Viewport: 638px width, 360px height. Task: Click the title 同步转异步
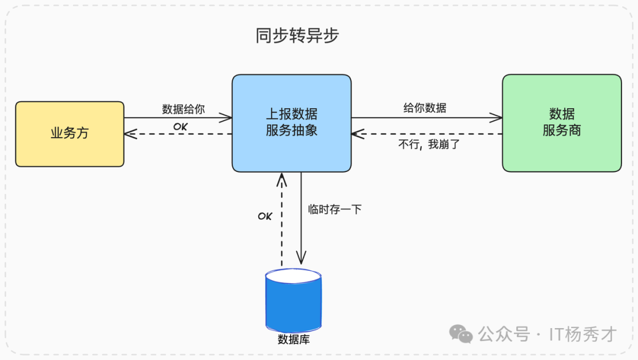pyautogui.click(x=297, y=36)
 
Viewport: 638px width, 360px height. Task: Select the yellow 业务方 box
pyautogui.click(x=70, y=134)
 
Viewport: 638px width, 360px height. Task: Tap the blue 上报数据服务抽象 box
pyautogui.click(x=291, y=123)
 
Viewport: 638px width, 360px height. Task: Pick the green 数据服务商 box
pyautogui.click(x=561, y=123)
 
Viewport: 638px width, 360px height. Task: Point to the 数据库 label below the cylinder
pyautogui.click(x=294, y=340)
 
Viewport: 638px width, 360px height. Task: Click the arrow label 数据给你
pyautogui.click(x=183, y=109)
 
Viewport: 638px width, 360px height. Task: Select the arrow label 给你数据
pyautogui.click(x=425, y=108)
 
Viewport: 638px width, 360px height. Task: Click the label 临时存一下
pyautogui.click(x=334, y=209)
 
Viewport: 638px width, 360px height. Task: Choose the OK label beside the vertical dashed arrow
pyautogui.click(x=265, y=216)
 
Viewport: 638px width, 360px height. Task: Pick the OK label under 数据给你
pyautogui.click(x=180, y=127)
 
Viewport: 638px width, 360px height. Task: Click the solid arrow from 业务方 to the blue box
pyautogui.click(x=177, y=118)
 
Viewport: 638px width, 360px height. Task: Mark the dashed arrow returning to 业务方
pyautogui.click(x=177, y=134)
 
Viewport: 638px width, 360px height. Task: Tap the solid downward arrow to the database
pyautogui.click(x=301, y=236)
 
